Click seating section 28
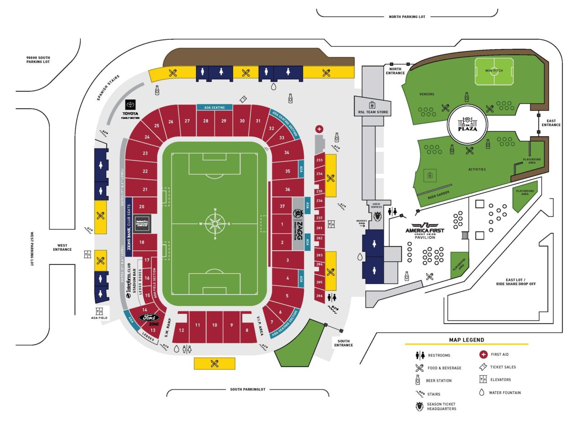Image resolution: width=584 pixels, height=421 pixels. click(206, 121)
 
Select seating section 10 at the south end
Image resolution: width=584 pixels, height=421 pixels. click(214, 326)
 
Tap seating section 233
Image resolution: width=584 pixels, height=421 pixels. click(319, 160)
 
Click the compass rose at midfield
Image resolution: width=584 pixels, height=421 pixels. click(215, 224)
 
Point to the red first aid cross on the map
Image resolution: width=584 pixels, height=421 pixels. click(319, 129)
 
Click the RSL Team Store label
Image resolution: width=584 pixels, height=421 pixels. click(373, 111)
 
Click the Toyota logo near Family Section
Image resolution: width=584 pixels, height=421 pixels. click(130, 105)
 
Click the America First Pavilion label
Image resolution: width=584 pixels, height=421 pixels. click(425, 230)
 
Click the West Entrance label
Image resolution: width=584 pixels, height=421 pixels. click(62, 247)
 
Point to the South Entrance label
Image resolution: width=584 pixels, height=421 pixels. click(344, 343)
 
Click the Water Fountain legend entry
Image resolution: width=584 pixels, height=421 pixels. click(504, 392)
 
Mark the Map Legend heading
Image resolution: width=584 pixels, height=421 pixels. click(466, 340)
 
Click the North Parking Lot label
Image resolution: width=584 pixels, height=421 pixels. click(407, 16)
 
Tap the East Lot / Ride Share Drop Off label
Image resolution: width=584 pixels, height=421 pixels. click(516, 281)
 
